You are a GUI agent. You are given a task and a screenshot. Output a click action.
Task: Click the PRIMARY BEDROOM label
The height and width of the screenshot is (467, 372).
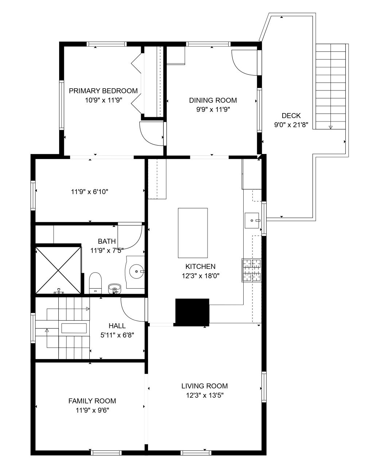[103, 91]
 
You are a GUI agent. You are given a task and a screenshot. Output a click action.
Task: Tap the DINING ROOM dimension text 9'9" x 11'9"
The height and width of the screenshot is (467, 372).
[213, 109]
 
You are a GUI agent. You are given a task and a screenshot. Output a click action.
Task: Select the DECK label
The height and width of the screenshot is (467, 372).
[291, 115]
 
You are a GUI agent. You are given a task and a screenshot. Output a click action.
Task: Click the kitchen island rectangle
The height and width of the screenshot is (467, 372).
[193, 233]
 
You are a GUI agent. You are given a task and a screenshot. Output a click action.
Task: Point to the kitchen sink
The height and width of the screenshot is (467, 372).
[252, 220]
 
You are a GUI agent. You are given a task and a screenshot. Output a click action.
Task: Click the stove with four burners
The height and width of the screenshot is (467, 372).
[252, 270]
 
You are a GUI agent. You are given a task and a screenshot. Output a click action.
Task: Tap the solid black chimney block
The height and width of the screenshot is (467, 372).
[192, 312]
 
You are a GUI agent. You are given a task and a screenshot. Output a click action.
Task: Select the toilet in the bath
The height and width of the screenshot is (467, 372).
[96, 283]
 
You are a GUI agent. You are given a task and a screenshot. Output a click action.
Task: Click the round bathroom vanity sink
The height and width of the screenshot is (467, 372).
[137, 271]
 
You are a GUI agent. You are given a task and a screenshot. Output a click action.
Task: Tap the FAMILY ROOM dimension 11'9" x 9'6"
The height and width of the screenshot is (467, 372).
[92, 410]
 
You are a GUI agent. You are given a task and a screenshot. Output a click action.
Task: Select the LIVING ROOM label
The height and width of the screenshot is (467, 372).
[205, 386]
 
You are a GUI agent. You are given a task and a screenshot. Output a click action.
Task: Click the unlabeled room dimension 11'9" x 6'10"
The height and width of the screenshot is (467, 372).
[90, 192]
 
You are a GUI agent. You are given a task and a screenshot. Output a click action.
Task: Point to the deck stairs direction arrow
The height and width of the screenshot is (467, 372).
[330, 127]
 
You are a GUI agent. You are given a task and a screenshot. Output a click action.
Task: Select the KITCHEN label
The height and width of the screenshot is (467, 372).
[201, 266]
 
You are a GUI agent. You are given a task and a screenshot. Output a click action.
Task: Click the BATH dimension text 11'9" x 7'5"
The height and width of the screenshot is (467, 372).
[107, 251]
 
